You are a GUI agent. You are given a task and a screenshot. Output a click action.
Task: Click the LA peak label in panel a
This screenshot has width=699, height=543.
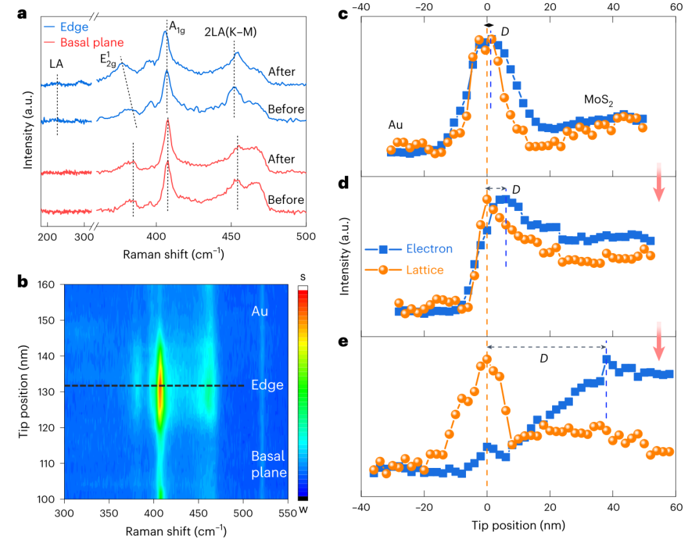click(x=56, y=64)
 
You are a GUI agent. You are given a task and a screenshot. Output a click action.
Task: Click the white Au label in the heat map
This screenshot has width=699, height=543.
click(x=260, y=311)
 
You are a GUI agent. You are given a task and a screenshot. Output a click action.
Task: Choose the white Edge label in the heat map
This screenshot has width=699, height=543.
click(x=267, y=385)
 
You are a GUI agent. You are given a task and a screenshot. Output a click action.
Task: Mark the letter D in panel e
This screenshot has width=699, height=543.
click(x=544, y=358)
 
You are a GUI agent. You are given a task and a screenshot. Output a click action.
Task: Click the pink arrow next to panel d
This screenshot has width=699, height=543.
click(x=659, y=188)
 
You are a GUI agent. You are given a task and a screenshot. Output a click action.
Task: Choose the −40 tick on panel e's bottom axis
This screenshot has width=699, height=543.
click(x=359, y=509)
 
